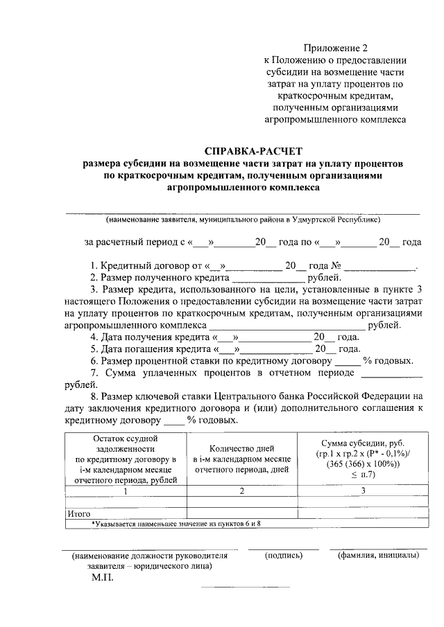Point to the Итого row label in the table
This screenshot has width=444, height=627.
point(78,514)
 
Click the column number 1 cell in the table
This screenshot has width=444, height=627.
point(125,491)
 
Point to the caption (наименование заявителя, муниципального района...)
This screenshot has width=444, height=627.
point(243,220)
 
